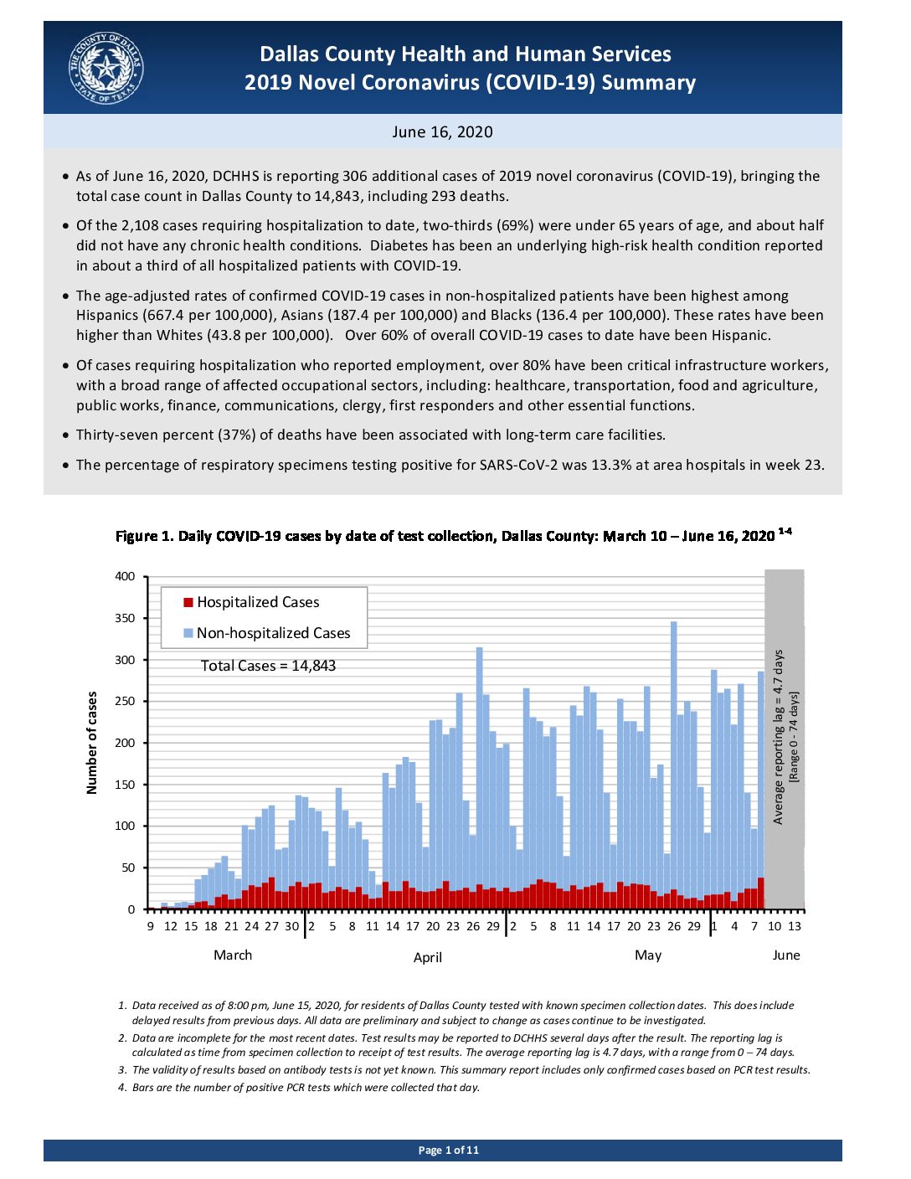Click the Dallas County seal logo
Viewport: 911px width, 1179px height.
tap(106, 68)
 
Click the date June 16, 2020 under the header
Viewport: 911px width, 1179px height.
tap(442, 132)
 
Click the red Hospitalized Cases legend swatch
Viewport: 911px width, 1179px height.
tap(188, 602)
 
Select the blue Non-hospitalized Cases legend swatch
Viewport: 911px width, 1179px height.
tap(188, 633)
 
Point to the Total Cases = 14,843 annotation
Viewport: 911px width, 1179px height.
tap(268, 666)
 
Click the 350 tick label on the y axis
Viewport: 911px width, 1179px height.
tap(124, 618)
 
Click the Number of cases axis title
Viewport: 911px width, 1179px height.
tap(92, 743)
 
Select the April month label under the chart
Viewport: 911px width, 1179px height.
tap(428, 957)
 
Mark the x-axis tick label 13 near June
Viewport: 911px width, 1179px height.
tap(795, 927)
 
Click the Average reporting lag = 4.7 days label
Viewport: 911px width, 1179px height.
tap(778, 737)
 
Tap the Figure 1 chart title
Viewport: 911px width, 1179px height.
tap(454, 536)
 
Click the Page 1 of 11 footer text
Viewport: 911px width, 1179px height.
tap(448, 1151)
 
